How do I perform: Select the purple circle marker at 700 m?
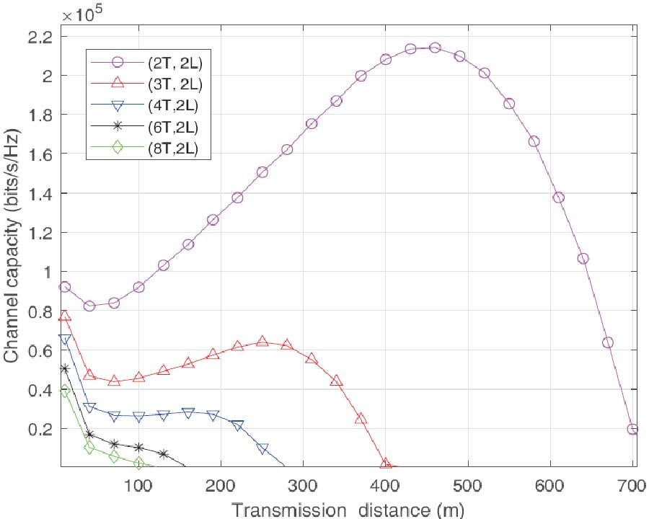(632, 429)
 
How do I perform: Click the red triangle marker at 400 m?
(386, 463)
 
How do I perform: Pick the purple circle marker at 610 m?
(558, 198)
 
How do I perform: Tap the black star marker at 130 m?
(164, 454)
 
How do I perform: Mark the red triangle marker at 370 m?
(361, 419)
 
